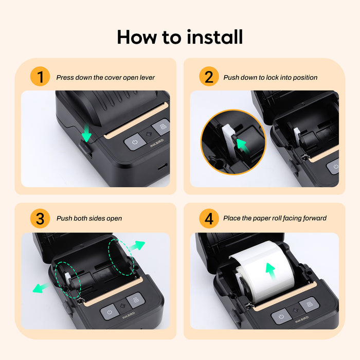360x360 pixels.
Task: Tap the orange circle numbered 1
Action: pyautogui.click(x=40, y=77)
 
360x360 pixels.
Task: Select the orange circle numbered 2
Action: pyautogui.click(x=208, y=77)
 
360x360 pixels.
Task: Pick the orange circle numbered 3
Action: pyautogui.click(x=40, y=218)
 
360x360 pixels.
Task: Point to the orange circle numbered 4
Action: pyautogui.click(x=208, y=218)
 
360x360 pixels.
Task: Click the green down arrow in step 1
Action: pyautogui.click(x=86, y=135)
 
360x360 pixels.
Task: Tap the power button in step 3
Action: pyautogui.click(x=110, y=311)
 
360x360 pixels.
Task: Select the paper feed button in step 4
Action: pyautogui.click(x=309, y=304)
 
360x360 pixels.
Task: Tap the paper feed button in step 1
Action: pyautogui.click(x=161, y=126)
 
